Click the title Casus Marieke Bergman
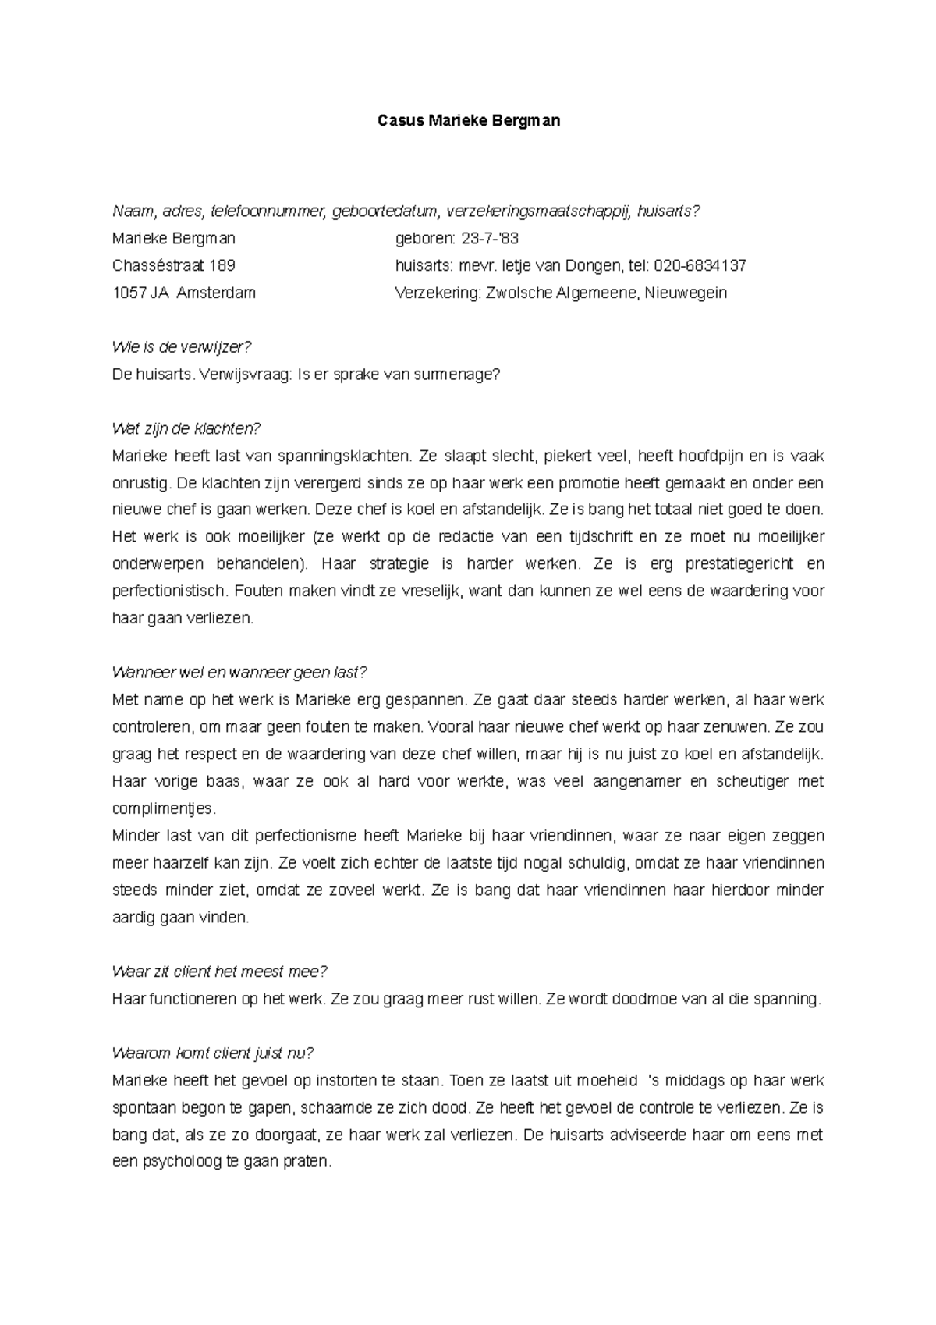pyautogui.click(x=468, y=121)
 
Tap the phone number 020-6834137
pyautogui.click(x=700, y=266)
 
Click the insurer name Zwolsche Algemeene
pyautogui.click(x=561, y=293)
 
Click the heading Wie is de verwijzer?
pyautogui.click(x=183, y=347)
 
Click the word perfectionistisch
pyautogui.click(x=168, y=591)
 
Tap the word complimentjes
pyautogui.click(x=162, y=808)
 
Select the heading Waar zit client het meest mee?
pyautogui.click(x=219, y=972)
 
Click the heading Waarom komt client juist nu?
pyautogui.click(x=212, y=1053)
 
